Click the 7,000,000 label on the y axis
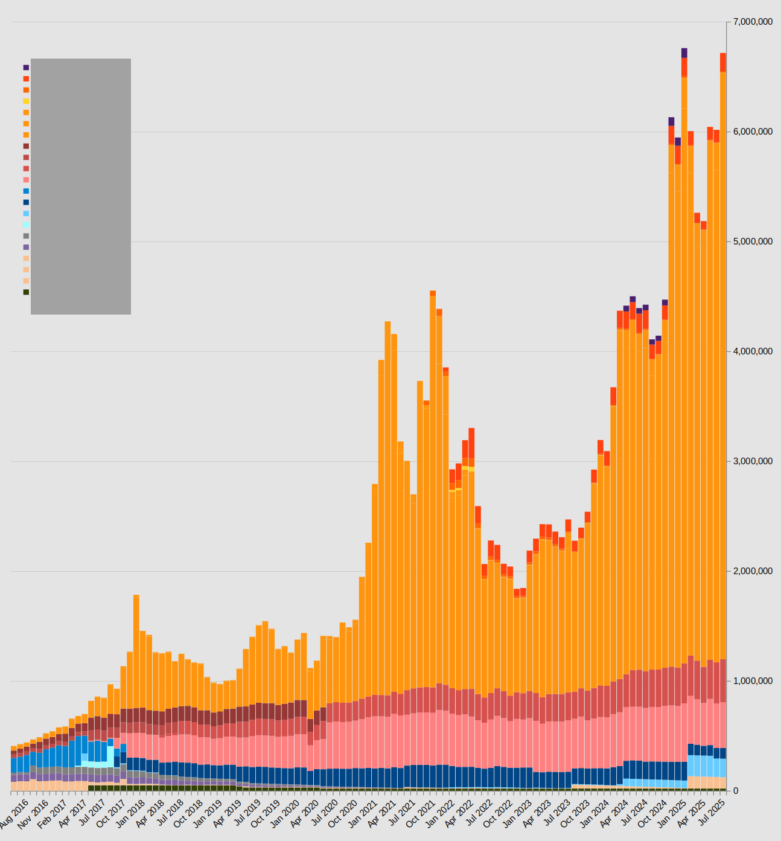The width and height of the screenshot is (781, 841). [753, 22]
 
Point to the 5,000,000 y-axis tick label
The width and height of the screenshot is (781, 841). [753, 242]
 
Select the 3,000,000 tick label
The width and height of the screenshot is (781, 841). [753, 462]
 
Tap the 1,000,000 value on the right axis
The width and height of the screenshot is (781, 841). [753, 682]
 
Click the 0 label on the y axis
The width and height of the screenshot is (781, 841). [735, 791]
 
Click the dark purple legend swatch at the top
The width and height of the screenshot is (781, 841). [26, 68]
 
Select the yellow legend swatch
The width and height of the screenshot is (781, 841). [26, 101]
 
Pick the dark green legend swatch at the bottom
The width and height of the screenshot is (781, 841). [26, 292]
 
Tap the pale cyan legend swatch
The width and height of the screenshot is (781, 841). [26, 225]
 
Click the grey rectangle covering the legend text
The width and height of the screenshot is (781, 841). [81, 186]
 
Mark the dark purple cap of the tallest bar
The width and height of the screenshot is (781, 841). [684, 53]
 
